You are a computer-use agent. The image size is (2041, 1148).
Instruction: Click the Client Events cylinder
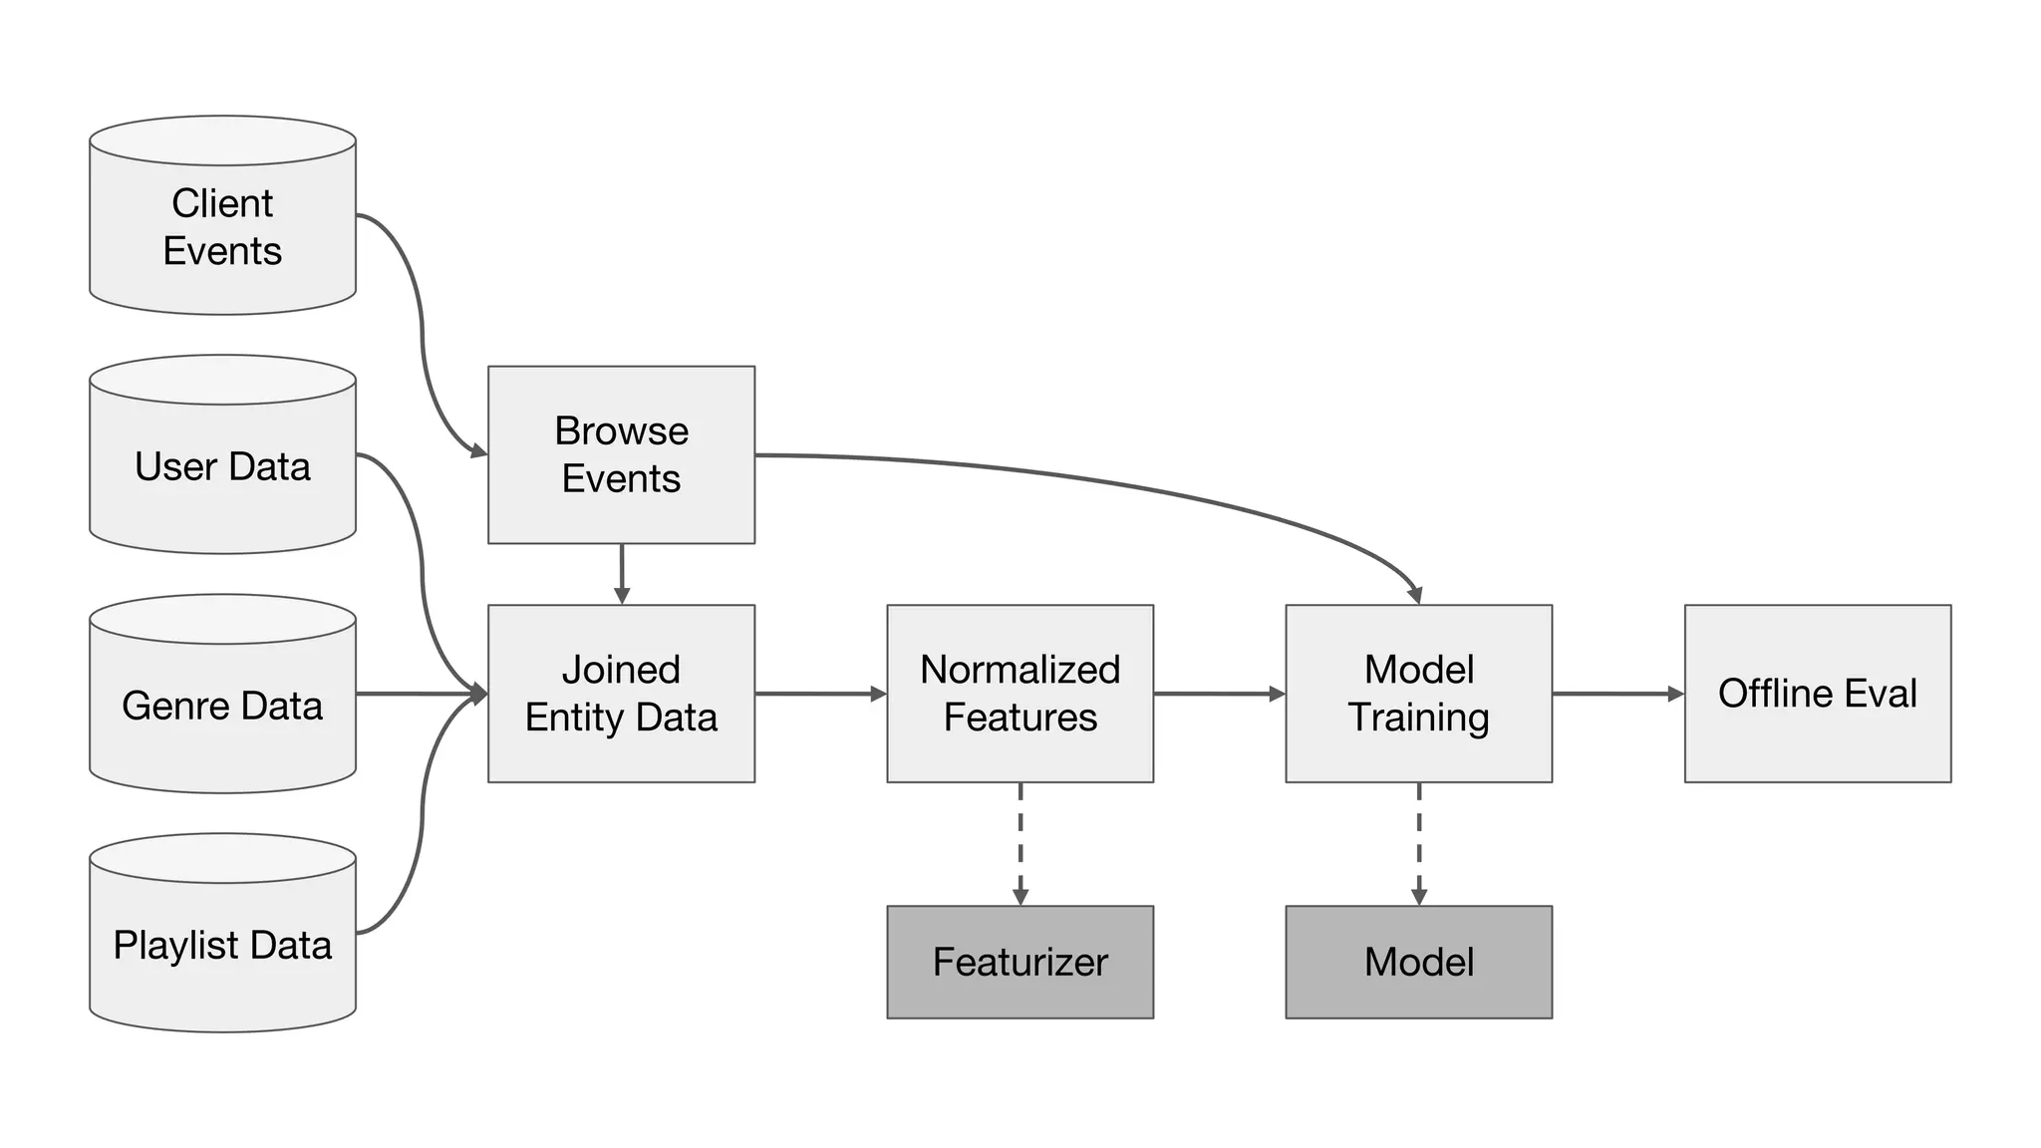tap(222, 227)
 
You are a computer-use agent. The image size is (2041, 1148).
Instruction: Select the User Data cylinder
tap(222, 466)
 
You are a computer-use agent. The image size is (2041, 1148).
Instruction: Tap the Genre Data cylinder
tap(222, 706)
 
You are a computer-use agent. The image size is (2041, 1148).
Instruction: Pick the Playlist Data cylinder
tap(222, 945)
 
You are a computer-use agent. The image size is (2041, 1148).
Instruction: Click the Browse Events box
tap(621, 454)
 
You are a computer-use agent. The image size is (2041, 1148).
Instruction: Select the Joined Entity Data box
tap(621, 694)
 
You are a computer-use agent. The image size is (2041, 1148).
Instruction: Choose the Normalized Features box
tap(1020, 694)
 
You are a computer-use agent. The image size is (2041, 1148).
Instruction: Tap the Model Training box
tap(1418, 694)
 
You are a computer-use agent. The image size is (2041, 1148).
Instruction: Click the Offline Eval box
tap(1817, 694)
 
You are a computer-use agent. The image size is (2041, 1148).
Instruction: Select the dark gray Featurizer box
tap(1020, 962)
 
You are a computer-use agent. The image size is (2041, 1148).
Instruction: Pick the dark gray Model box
tap(1418, 962)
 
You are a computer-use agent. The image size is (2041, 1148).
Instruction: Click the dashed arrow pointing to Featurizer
tap(1020, 843)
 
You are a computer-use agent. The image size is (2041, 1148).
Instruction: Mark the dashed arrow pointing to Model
tap(1419, 843)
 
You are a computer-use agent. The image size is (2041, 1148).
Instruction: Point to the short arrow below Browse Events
tap(622, 573)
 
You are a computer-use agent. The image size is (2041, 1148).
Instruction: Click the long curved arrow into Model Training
tap(1096, 481)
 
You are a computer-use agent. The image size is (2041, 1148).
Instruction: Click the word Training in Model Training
tap(1418, 717)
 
